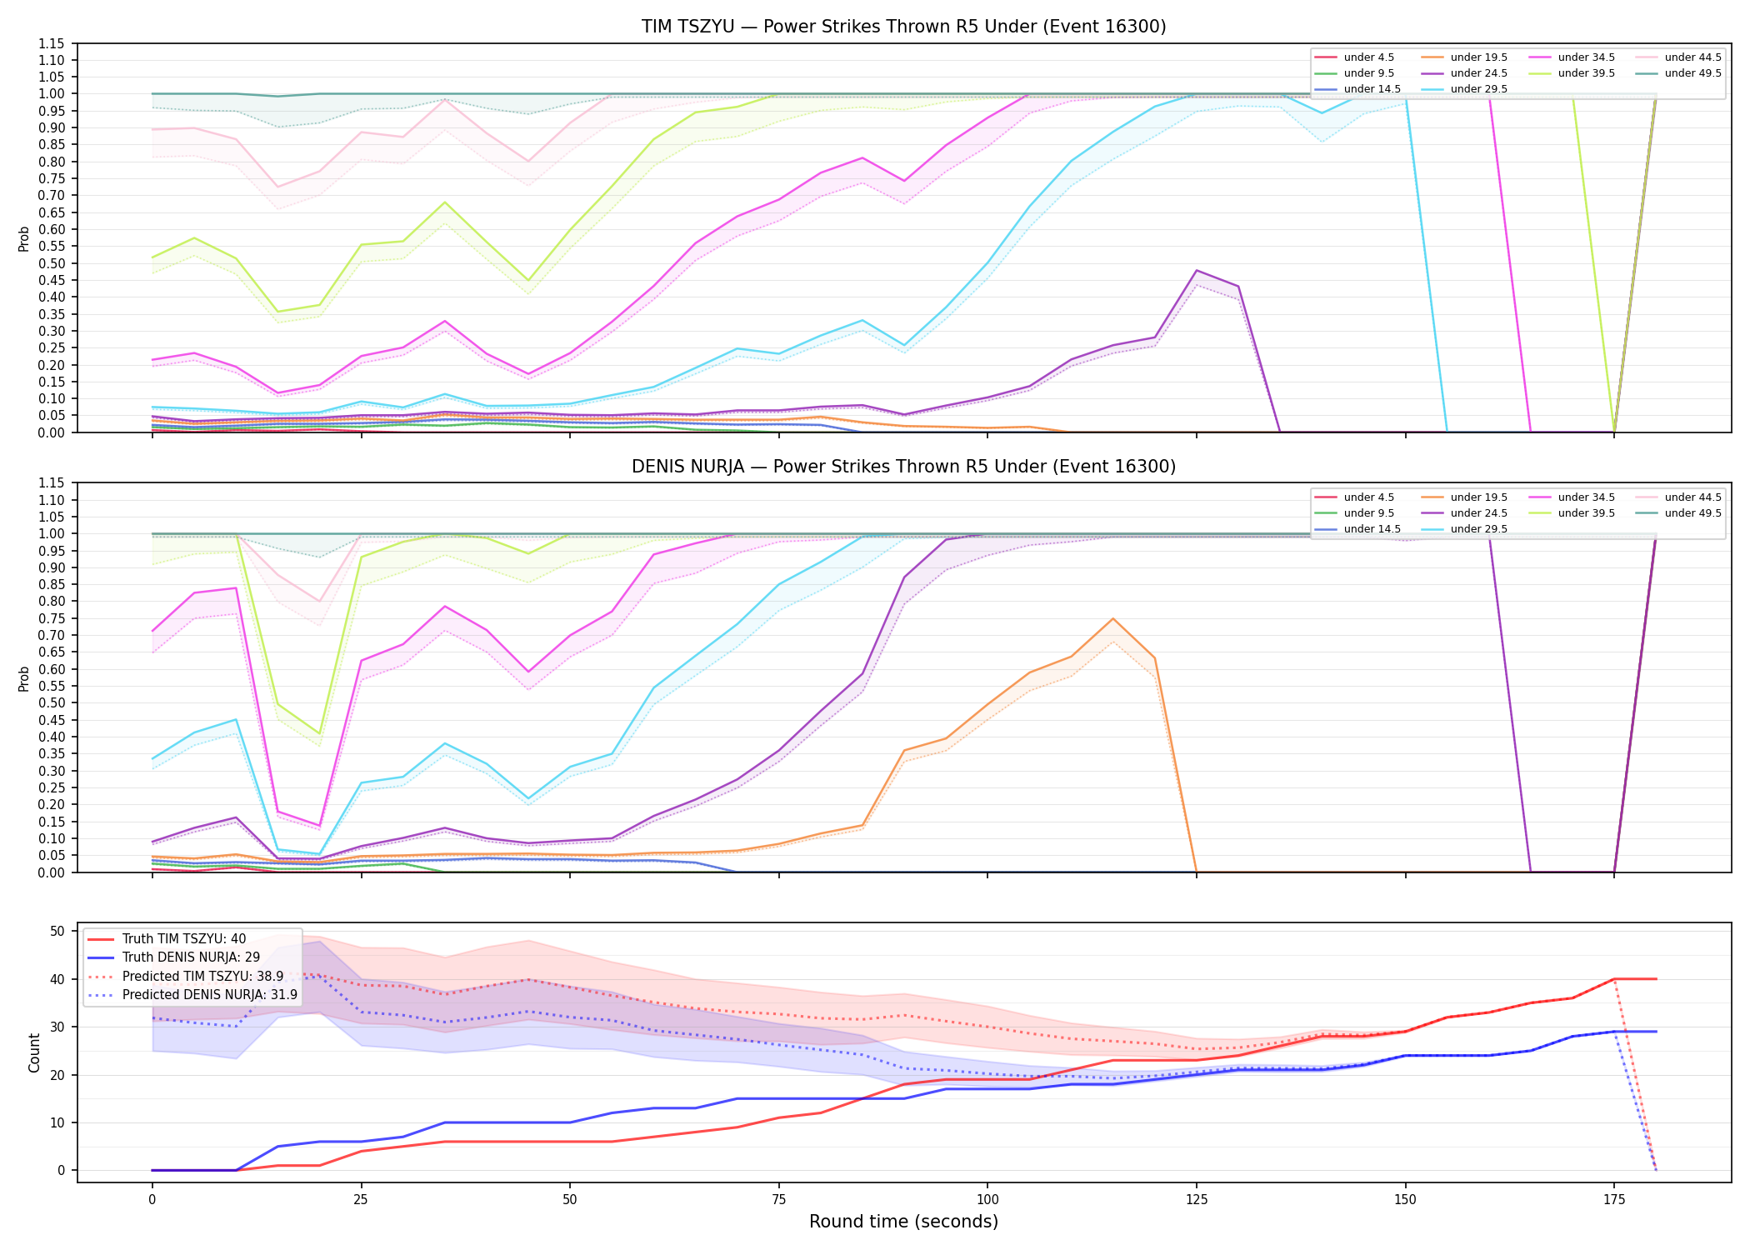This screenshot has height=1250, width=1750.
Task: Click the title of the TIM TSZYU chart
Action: click(x=903, y=27)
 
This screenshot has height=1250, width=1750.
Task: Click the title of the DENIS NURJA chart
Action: click(x=903, y=467)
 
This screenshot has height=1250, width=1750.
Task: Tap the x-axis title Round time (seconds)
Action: click(x=903, y=1222)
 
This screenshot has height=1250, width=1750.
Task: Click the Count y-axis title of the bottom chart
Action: click(x=34, y=1052)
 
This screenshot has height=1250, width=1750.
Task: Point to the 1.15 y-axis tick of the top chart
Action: click(x=51, y=43)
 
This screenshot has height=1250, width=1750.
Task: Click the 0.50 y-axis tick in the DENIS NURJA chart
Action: click(x=51, y=703)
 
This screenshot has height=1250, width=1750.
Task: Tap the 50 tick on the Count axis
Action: click(x=57, y=931)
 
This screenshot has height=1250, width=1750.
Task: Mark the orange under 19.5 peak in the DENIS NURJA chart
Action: click(x=1112, y=618)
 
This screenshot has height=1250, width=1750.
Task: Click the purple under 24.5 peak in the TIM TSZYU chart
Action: click(x=1197, y=270)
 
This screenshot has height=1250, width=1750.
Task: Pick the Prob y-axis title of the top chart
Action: click(x=24, y=238)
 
